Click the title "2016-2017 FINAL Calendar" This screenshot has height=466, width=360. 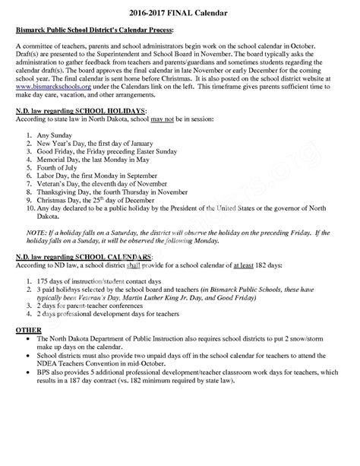tap(180, 14)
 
